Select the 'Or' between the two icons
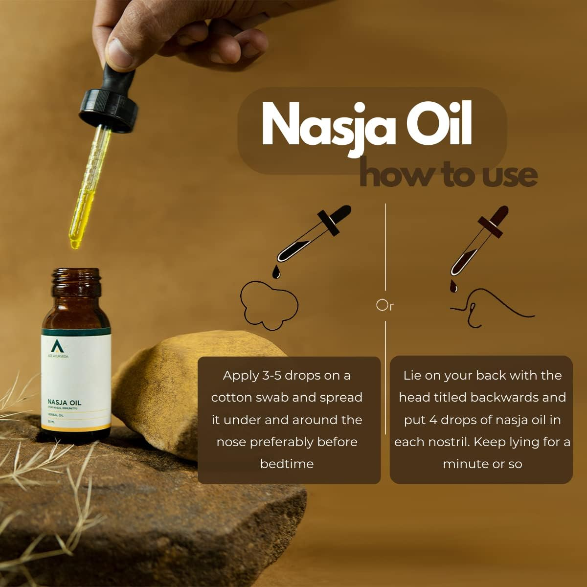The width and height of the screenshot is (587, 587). (385, 305)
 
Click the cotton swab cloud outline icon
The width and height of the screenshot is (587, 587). (268, 306)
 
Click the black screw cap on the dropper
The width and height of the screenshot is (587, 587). (109, 110)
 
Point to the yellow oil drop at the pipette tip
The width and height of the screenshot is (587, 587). (75, 243)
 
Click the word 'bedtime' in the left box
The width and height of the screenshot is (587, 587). (287, 464)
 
